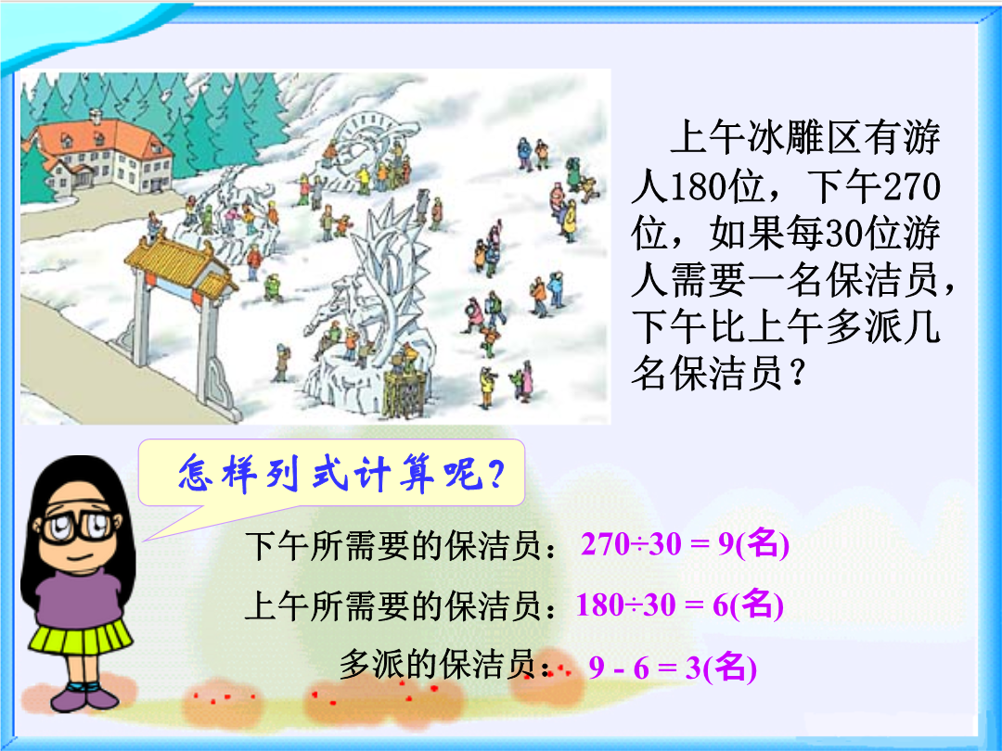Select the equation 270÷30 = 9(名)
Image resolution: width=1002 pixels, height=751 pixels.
(x=685, y=544)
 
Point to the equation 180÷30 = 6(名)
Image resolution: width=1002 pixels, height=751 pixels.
(x=680, y=605)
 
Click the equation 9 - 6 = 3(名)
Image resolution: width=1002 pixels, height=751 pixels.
(x=673, y=668)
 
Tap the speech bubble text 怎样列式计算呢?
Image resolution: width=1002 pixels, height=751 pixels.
(x=340, y=474)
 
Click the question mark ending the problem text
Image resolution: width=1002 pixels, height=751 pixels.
(x=798, y=375)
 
